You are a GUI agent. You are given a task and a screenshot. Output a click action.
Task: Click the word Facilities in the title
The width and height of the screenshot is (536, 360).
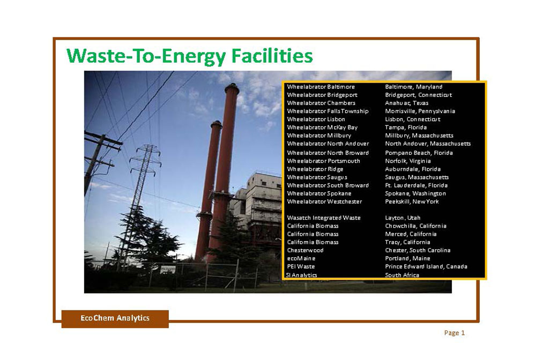pos(272,56)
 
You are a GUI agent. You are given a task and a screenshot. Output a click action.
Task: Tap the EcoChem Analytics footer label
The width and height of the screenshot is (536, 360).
pos(115,318)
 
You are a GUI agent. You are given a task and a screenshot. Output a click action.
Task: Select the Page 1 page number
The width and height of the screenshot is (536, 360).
pos(455,333)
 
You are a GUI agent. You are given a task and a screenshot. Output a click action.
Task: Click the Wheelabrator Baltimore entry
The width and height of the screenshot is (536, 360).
pos(321,87)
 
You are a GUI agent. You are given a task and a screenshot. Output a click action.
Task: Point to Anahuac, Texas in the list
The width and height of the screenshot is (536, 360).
pos(406,103)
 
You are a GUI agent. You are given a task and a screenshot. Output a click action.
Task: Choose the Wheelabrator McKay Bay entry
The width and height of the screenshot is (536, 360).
pos(322,127)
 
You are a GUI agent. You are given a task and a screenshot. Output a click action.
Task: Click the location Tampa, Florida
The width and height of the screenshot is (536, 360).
pos(406,127)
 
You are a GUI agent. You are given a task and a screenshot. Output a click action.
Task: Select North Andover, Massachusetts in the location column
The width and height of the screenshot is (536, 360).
pos(428,144)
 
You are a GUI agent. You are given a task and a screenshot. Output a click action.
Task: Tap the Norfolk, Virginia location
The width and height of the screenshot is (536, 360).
pos(408,161)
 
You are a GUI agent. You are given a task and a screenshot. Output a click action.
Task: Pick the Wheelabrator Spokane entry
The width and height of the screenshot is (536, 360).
pos(319,193)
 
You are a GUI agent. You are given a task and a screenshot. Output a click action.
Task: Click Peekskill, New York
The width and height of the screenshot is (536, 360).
pos(412,201)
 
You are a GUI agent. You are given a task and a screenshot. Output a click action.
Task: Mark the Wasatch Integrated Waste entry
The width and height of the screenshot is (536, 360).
pos(324,217)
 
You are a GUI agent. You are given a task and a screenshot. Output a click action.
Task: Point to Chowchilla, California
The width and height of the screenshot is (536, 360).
pos(416,226)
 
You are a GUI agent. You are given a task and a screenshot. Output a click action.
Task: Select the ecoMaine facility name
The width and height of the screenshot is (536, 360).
pos(301,258)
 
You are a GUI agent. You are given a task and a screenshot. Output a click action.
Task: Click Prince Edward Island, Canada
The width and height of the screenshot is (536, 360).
pos(426,266)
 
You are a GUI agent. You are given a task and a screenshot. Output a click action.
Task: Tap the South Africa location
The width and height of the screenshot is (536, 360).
pos(402,275)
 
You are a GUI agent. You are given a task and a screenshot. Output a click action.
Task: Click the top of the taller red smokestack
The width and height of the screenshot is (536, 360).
pos(232,85)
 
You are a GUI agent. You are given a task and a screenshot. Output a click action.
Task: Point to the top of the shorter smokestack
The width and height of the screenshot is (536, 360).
pos(217,123)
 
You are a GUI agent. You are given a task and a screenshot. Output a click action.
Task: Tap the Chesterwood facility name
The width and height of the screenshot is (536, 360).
pos(305,250)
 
